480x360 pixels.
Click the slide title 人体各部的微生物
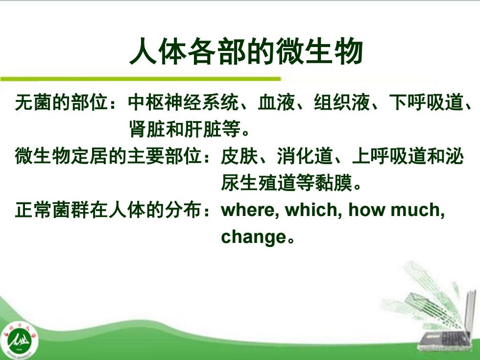click(x=246, y=51)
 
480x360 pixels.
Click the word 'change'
click(x=254, y=237)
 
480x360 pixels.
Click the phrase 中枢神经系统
click(x=183, y=102)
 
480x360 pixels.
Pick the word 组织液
click(x=342, y=102)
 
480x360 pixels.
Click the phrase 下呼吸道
click(x=426, y=102)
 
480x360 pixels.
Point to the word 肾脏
click(x=147, y=129)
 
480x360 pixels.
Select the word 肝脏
click(x=203, y=129)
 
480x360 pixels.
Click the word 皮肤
click(x=240, y=156)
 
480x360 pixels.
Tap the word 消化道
click(x=305, y=156)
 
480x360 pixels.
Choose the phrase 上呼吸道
click(x=389, y=156)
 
